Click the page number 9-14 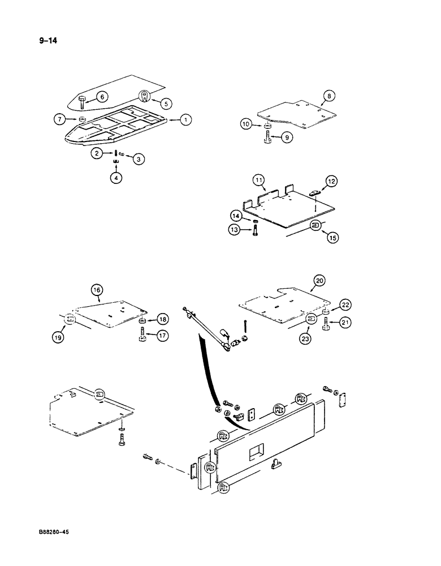pos(47,40)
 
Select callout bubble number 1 pos(186,119)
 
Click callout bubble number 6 pos(101,97)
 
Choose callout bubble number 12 pos(330,181)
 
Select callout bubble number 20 pos(319,280)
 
